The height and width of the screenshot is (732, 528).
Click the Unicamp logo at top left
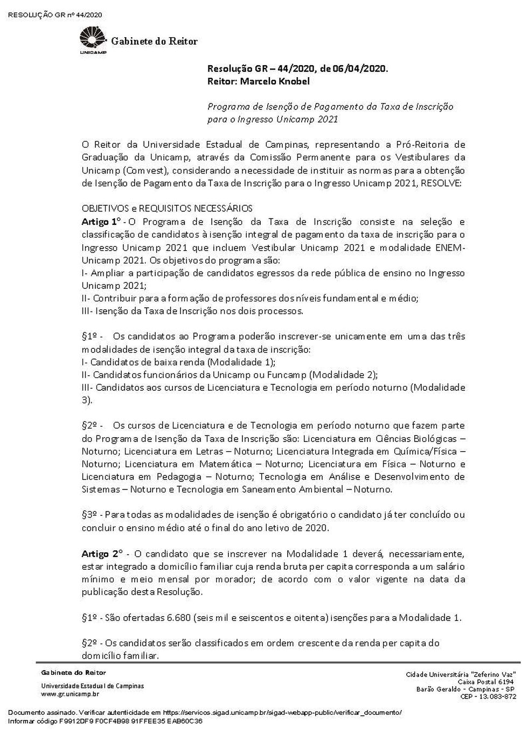93,41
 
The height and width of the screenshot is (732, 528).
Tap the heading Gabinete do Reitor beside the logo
154,41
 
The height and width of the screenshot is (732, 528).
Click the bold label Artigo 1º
101,222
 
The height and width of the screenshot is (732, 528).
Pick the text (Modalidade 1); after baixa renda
242,362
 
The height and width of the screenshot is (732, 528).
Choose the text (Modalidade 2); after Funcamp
344,375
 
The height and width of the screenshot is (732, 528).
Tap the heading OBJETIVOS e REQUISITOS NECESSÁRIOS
167,208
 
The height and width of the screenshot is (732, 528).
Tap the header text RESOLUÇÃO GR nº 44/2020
55,15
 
